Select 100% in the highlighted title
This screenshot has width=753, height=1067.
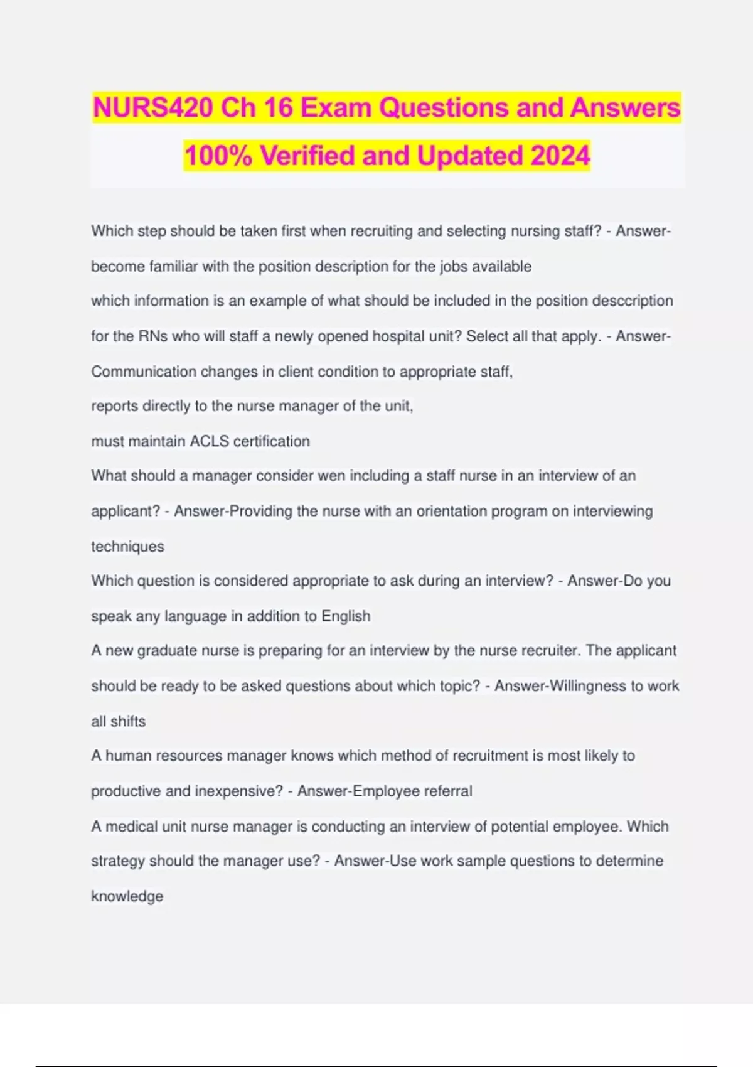coord(218,156)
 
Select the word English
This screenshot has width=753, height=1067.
coord(346,616)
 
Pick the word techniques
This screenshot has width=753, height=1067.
coord(127,546)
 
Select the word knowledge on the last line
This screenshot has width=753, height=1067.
coord(127,896)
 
